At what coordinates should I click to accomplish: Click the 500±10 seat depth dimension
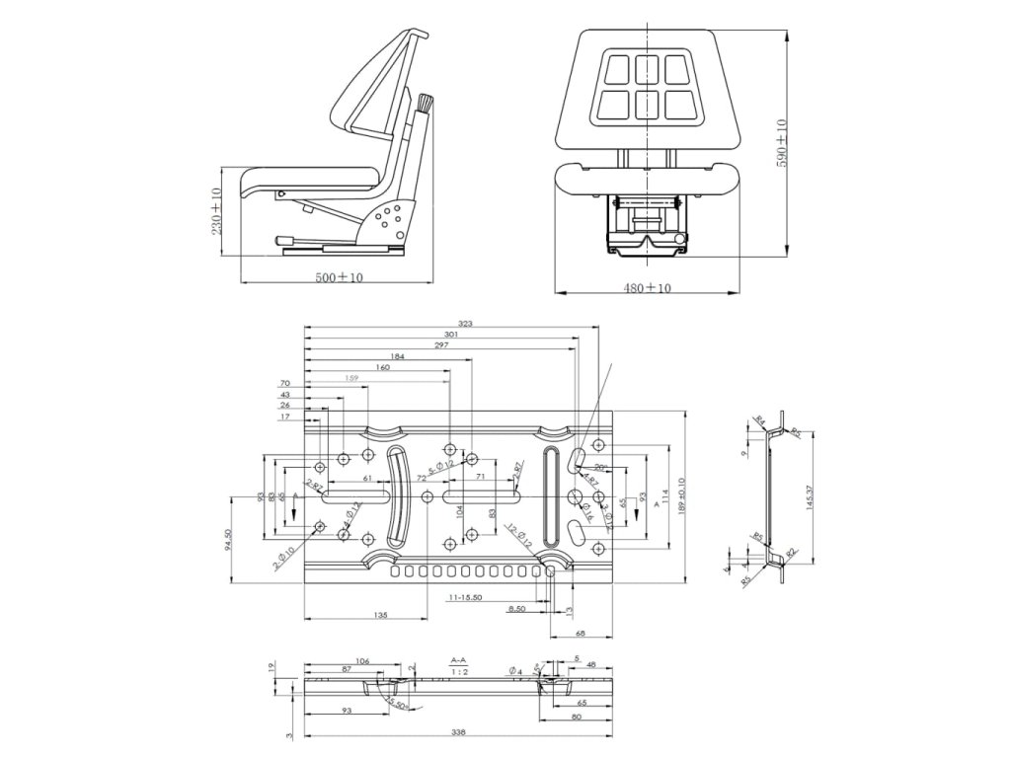pyautogui.click(x=339, y=277)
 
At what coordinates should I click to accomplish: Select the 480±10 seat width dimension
pyautogui.click(x=647, y=288)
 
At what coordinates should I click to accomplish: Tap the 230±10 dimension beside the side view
pyautogui.click(x=216, y=211)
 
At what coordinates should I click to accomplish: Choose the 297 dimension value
pyautogui.click(x=441, y=344)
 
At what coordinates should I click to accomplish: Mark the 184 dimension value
pyautogui.click(x=397, y=355)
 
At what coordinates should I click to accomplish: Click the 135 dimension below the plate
pyautogui.click(x=381, y=614)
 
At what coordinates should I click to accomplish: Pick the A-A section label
pyautogui.click(x=459, y=658)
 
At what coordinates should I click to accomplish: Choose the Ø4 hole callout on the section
pyautogui.click(x=515, y=671)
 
